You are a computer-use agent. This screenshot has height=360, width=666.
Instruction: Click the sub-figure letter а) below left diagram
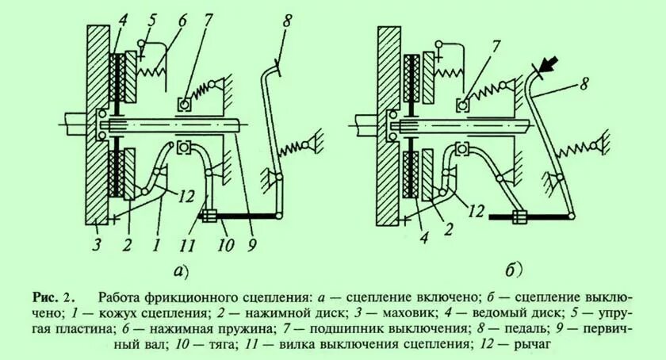pos(182,271)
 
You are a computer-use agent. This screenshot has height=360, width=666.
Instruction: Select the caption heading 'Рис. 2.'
pos(53,298)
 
